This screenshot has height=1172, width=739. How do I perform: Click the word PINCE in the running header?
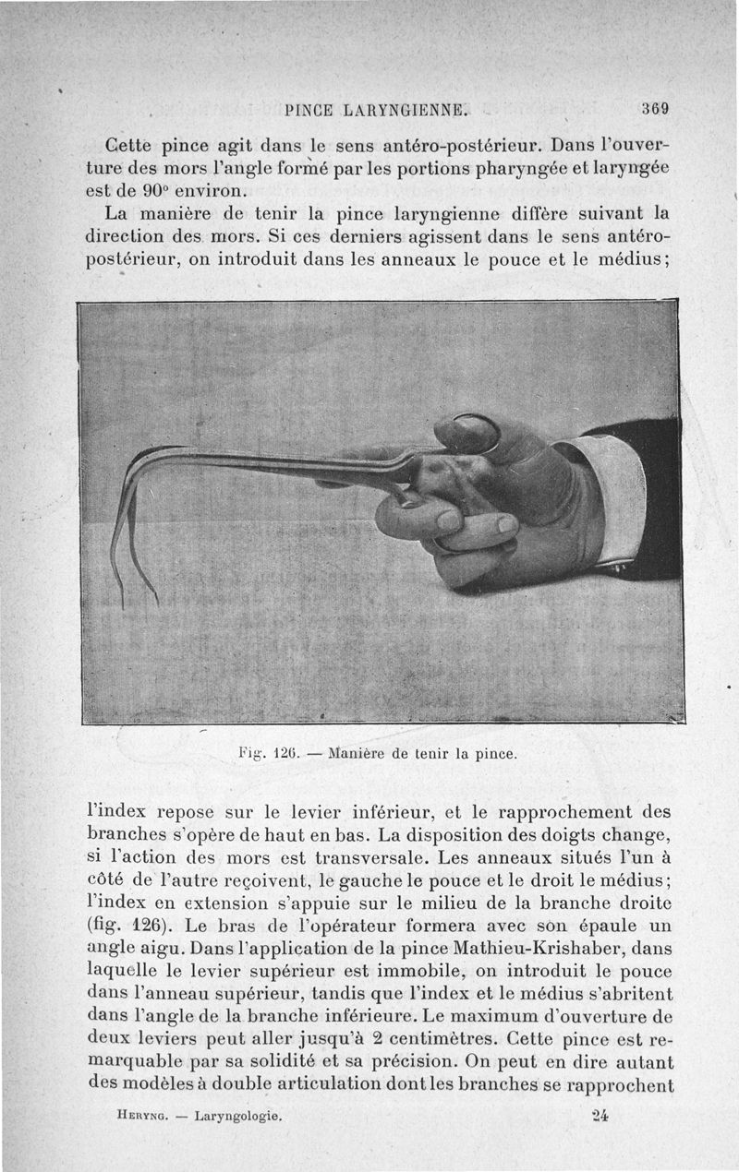(310, 111)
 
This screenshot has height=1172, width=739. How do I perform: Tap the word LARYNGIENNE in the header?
(407, 111)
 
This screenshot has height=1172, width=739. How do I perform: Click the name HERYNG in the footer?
(141, 1115)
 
